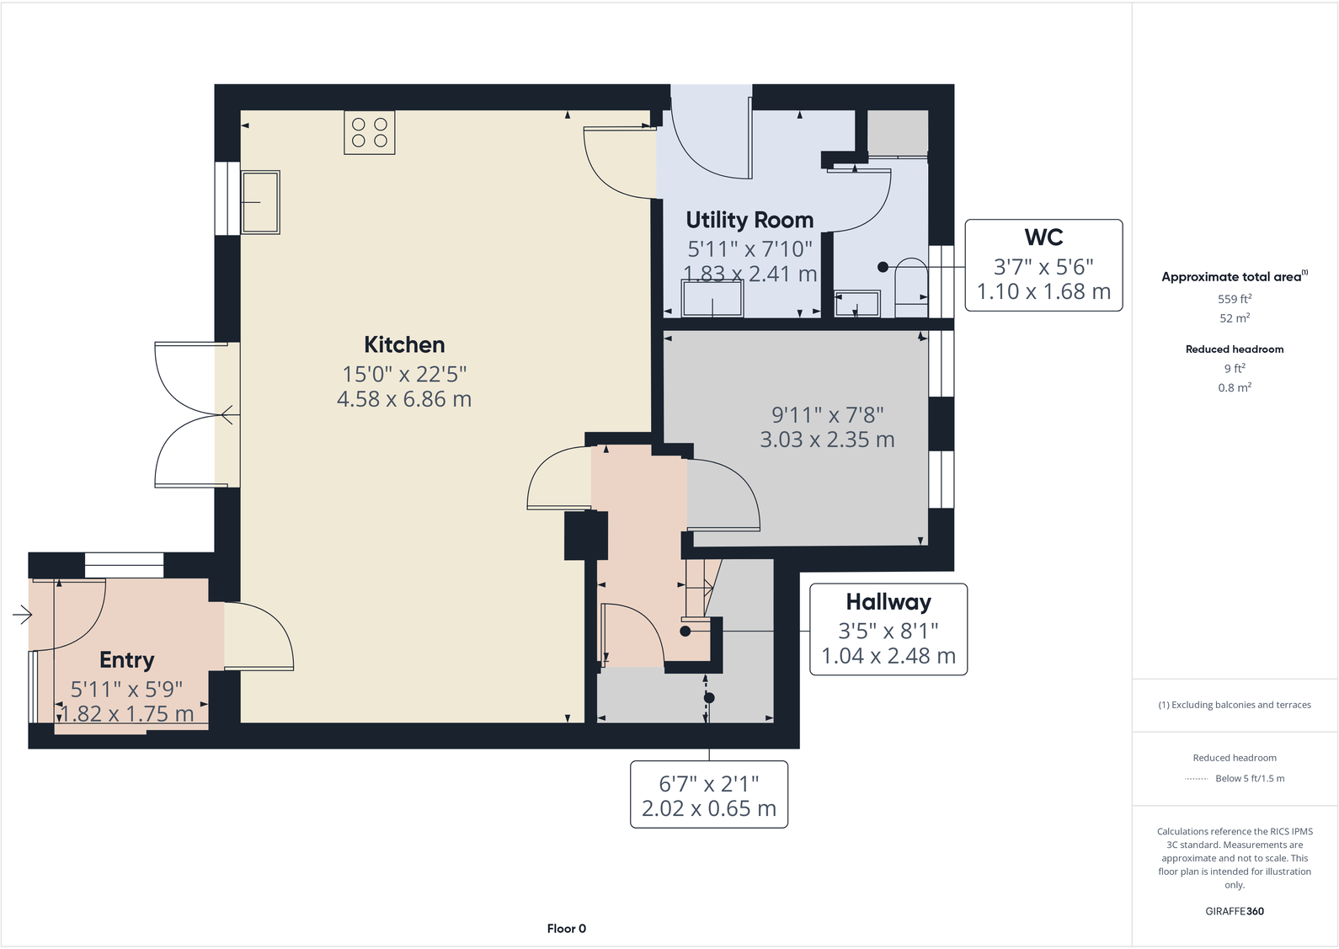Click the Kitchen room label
click(404, 344)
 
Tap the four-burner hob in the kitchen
click(369, 132)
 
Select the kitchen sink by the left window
click(260, 202)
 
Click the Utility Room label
click(750, 220)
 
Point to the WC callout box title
click(1043, 237)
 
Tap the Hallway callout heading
click(888, 602)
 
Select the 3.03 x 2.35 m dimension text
click(827, 440)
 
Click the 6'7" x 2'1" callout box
click(709, 795)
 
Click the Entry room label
click(127, 660)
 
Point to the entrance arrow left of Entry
click(22, 616)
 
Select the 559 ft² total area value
click(1235, 299)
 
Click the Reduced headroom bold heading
click(1235, 349)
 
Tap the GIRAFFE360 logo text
click(1235, 911)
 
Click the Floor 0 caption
click(566, 929)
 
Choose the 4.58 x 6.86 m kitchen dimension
click(404, 399)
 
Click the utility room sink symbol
click(712, 299)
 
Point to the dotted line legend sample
click(1196, 779)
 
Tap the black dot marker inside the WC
click(883, 267)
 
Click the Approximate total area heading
click(1231, 277)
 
